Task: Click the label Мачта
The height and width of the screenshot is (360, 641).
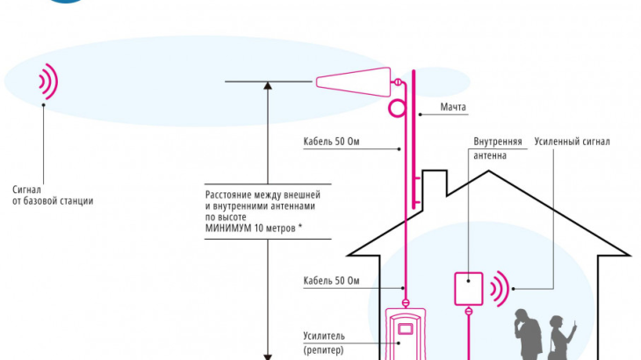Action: pos(454,109)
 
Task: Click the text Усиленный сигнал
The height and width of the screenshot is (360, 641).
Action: pos(575,141)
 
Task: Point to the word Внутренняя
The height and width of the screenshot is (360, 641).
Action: pos(498,141)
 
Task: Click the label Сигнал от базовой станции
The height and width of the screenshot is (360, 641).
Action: pos(53,195)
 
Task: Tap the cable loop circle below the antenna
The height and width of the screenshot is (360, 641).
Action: pos(397,107)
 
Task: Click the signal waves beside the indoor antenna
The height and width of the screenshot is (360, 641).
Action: pos(500,289)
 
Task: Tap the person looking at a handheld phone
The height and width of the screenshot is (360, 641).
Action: pos(559,338)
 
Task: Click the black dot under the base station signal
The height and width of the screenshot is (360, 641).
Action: pos(43,104)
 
